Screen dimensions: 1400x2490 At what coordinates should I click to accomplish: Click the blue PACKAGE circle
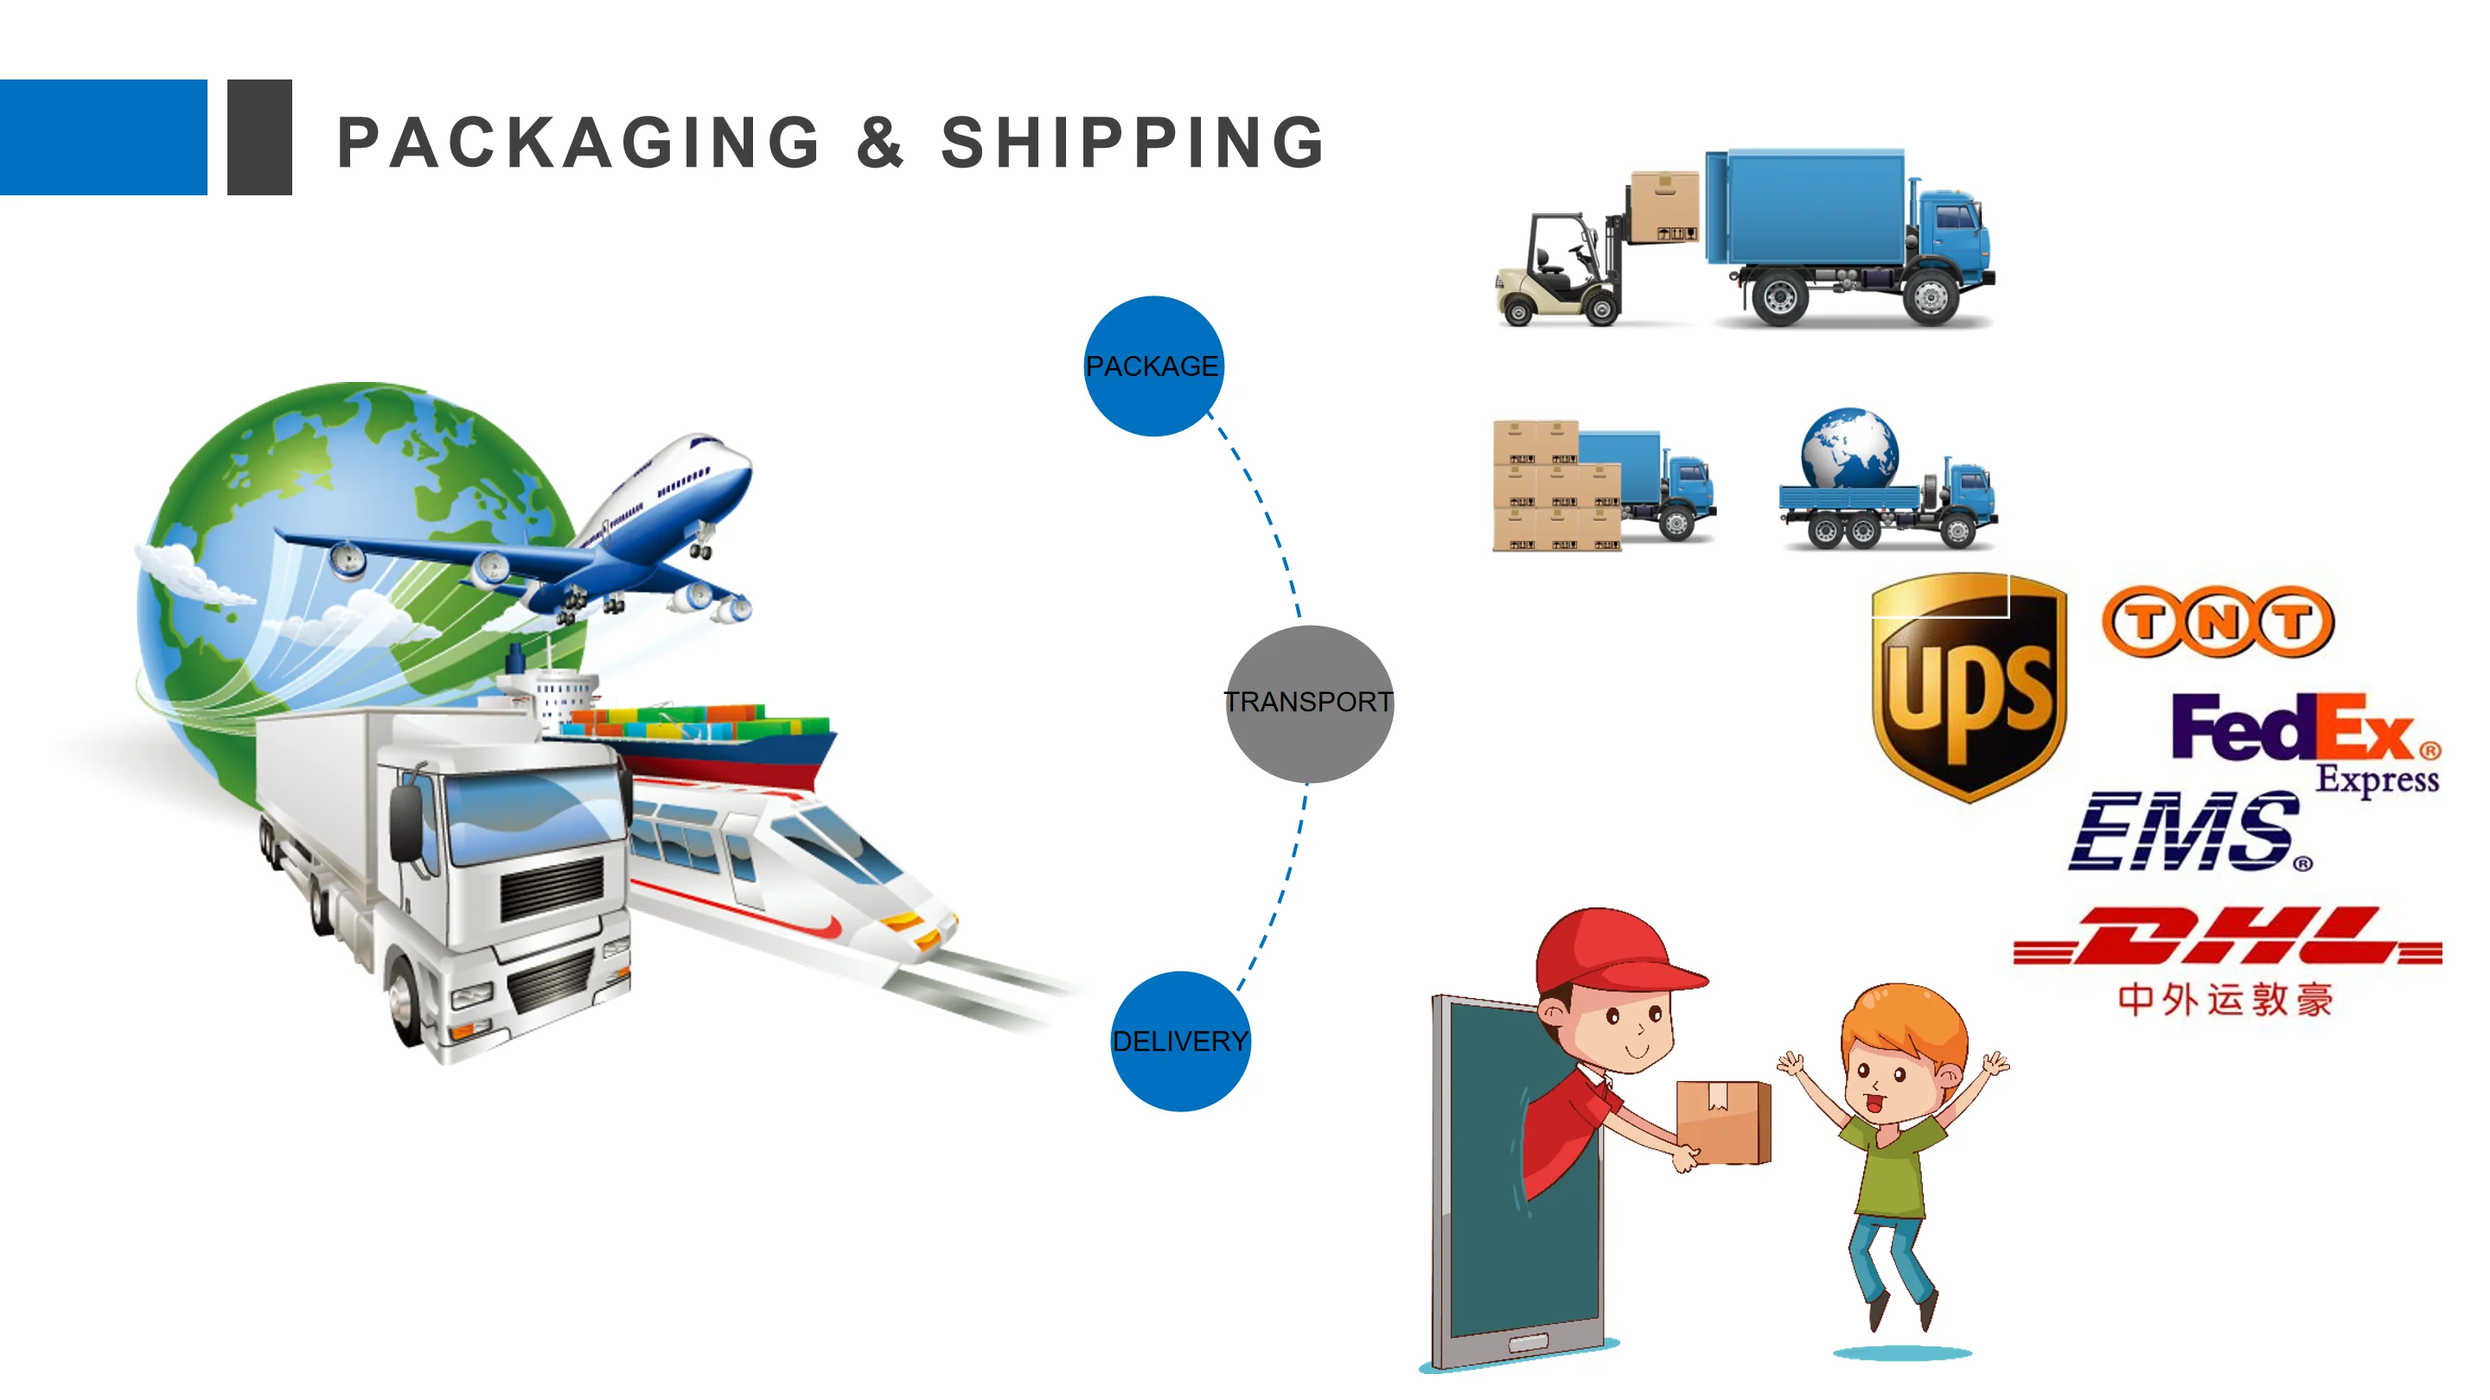coord(1153,366)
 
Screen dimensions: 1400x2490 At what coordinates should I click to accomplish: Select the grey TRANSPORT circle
coord(1310,703)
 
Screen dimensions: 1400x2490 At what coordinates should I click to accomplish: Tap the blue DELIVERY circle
coord(1180,1040)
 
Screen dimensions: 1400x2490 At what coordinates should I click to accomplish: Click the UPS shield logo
coord(1968,686)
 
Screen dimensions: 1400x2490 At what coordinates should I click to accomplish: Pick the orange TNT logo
coord(2218,621)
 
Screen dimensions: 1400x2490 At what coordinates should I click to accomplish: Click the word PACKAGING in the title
coord(579,142)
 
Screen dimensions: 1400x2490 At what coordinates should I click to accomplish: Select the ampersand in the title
coord(879,142)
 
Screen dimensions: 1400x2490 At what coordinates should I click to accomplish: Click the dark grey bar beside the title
coord(259,137)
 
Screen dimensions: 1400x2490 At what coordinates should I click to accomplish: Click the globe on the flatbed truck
coord(1849,449)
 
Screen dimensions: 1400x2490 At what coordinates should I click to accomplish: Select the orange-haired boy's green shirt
coord(1891,1164)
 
